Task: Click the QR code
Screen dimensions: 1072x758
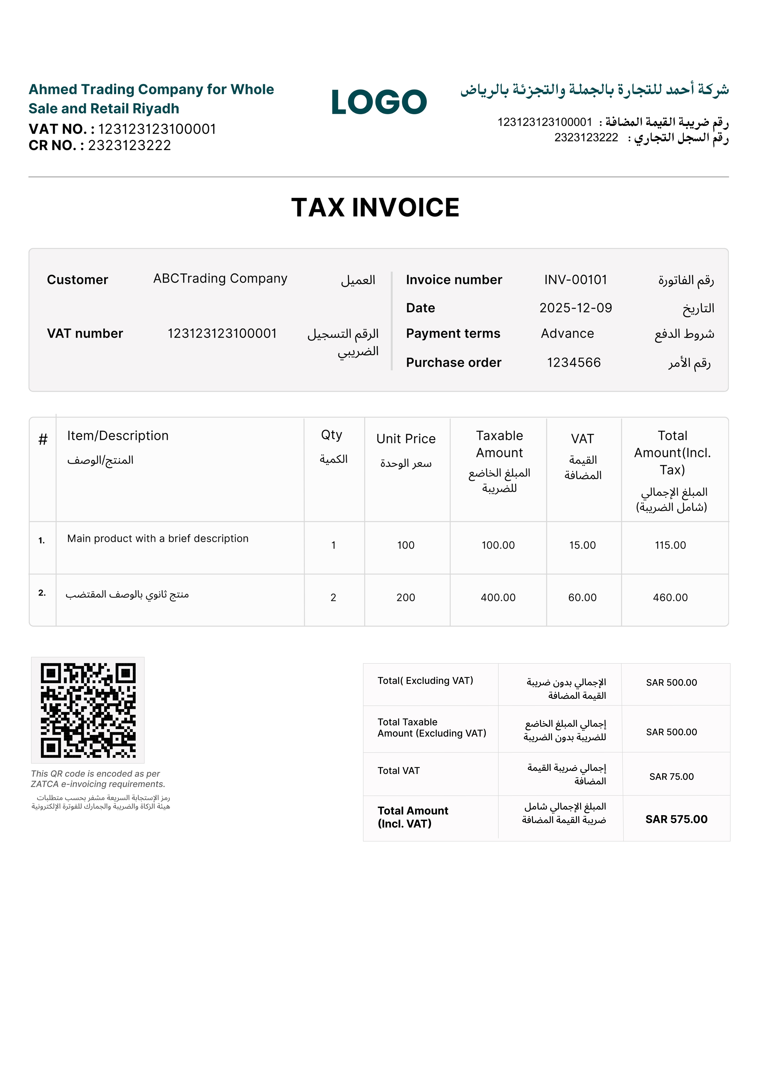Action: click(x=88, y=710)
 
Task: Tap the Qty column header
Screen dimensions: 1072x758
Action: click(x=331, y=435)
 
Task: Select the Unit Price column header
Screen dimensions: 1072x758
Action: click(x=406, y=439)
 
